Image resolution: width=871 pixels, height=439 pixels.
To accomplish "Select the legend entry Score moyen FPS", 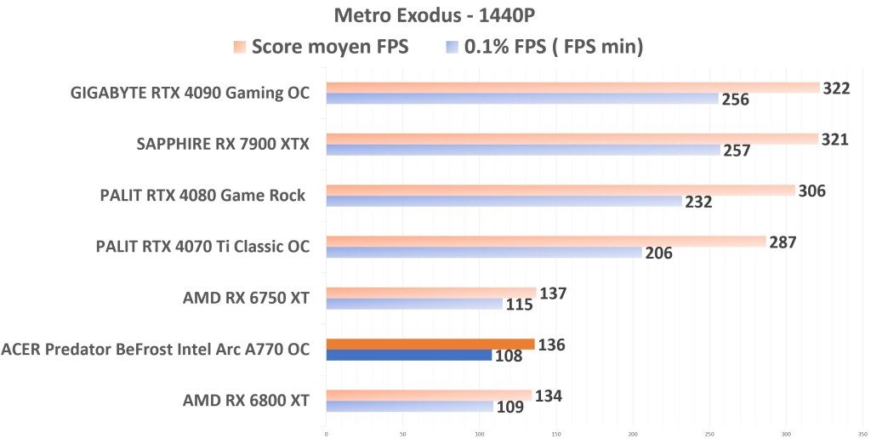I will pos(330,48).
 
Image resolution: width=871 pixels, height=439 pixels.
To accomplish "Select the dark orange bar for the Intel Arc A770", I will pos(430,344).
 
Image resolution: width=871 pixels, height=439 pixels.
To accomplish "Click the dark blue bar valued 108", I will pos(408,355).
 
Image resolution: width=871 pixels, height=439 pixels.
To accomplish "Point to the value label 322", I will pos(836,88).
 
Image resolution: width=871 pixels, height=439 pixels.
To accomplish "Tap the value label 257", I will pos(737,151).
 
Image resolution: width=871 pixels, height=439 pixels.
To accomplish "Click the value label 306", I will pos(811,191).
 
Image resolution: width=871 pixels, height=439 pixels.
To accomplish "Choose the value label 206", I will pos(658,253).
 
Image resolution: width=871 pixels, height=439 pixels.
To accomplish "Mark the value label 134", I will pos(548,396).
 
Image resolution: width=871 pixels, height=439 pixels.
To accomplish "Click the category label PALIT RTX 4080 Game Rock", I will pos(202,196).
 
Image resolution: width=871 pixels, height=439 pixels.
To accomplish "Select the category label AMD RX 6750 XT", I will pos(246,298).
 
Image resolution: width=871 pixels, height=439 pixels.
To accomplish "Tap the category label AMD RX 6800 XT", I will pos(246,400).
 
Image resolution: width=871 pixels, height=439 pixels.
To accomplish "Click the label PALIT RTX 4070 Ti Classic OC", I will pos(202,247).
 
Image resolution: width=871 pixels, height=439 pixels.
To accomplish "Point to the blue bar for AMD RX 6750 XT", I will pos(413,304).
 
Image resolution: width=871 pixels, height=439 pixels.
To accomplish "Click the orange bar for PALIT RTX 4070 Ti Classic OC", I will pos(545,242).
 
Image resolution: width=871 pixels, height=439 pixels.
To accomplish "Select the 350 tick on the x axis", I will pos(862,433).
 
